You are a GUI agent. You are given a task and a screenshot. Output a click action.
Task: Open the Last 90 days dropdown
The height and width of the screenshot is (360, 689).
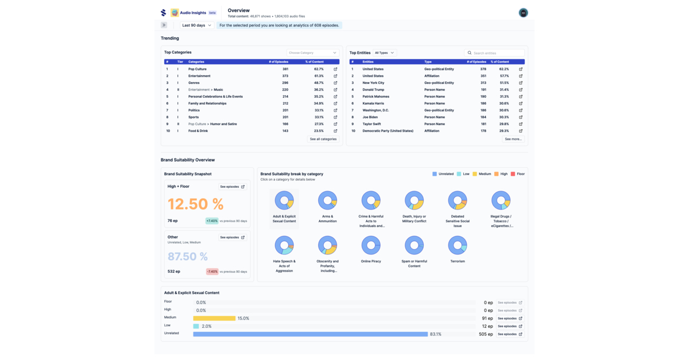coord(196,25)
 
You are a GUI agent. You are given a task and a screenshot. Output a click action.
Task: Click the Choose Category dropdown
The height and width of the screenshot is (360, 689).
coord(313,53)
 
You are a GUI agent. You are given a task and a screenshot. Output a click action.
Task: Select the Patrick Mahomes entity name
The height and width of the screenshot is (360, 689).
coord(376,96)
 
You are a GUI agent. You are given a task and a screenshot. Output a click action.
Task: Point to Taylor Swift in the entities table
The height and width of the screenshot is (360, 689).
coord(372,124)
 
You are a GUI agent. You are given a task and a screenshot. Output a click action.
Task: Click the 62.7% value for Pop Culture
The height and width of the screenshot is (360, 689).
coord(319,69)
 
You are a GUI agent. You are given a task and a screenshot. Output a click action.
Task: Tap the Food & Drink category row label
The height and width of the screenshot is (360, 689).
coord(198,131)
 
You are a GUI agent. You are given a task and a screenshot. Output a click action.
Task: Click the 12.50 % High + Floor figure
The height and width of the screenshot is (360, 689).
coord(195,204)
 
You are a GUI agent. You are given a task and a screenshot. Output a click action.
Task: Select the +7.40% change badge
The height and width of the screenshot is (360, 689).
coord(212,221)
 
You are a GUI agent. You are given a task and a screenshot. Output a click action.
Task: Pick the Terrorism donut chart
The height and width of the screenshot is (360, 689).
coord(458,245)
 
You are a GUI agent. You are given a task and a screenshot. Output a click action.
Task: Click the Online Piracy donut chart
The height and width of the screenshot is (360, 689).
coord(371,245)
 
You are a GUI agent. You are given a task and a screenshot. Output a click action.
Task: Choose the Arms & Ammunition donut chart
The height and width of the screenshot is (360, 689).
coord(328,200)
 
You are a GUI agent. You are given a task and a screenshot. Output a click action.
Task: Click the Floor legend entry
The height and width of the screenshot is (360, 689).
coord(517,174)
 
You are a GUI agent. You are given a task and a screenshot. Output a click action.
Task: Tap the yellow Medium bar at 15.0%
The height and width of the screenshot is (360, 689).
coord(214,318)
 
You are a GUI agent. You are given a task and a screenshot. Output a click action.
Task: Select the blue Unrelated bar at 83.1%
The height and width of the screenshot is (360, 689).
coord(310,334)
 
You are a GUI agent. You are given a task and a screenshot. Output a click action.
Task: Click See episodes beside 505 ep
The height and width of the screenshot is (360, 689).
coord(509,334)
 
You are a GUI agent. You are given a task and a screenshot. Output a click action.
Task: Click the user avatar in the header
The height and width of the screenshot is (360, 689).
coord(523,13)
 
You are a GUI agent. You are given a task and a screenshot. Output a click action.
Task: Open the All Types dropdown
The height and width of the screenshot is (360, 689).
coord(384,53)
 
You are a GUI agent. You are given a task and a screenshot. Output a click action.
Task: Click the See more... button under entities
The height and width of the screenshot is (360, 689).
coord(513,139)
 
